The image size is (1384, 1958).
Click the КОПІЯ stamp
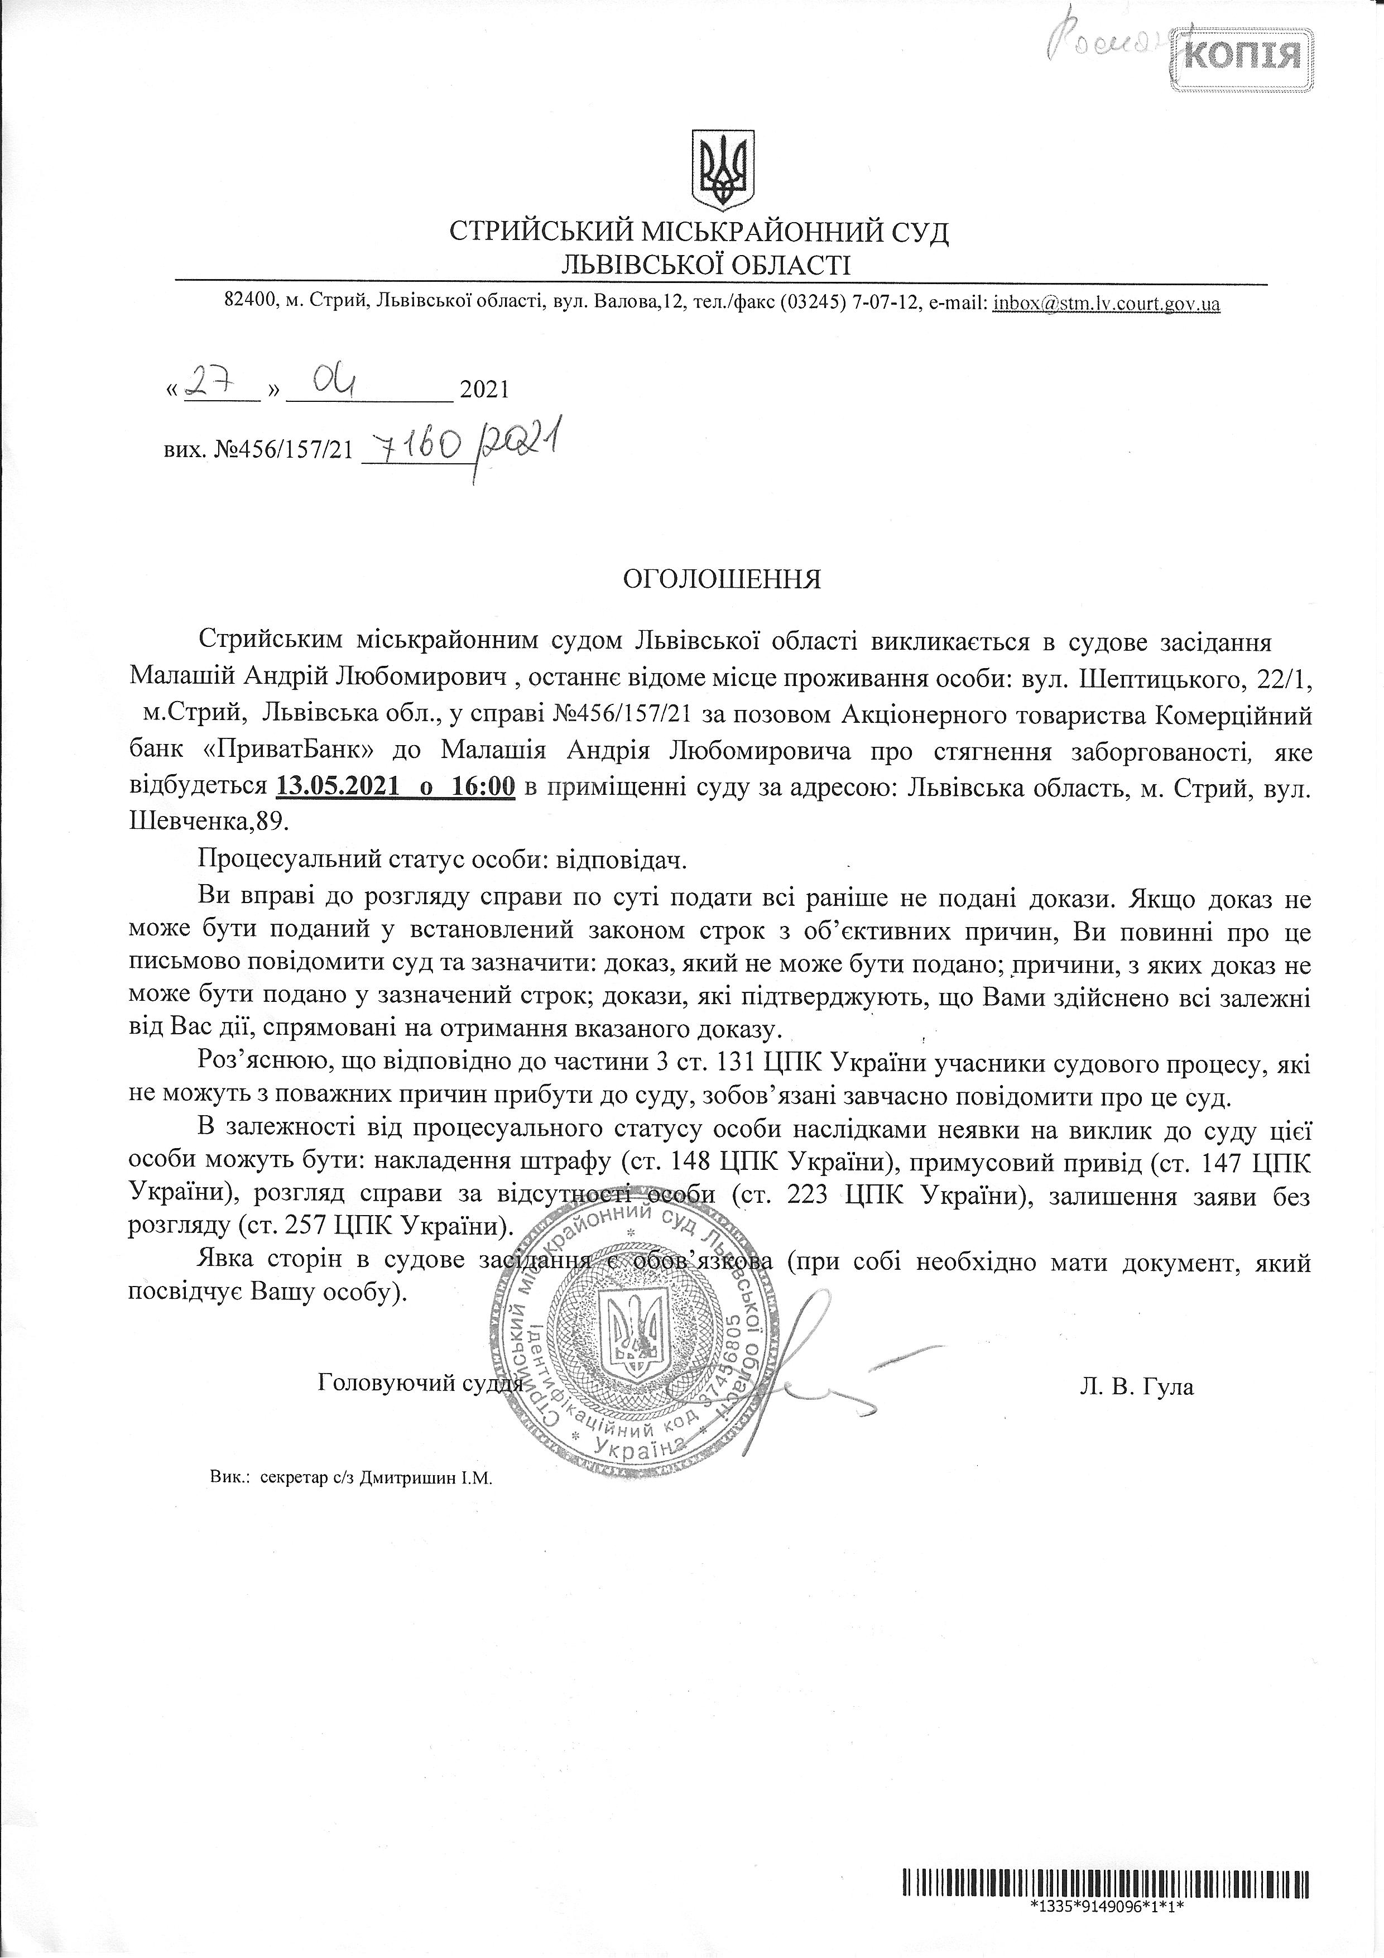1242,56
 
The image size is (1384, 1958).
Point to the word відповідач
622,861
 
